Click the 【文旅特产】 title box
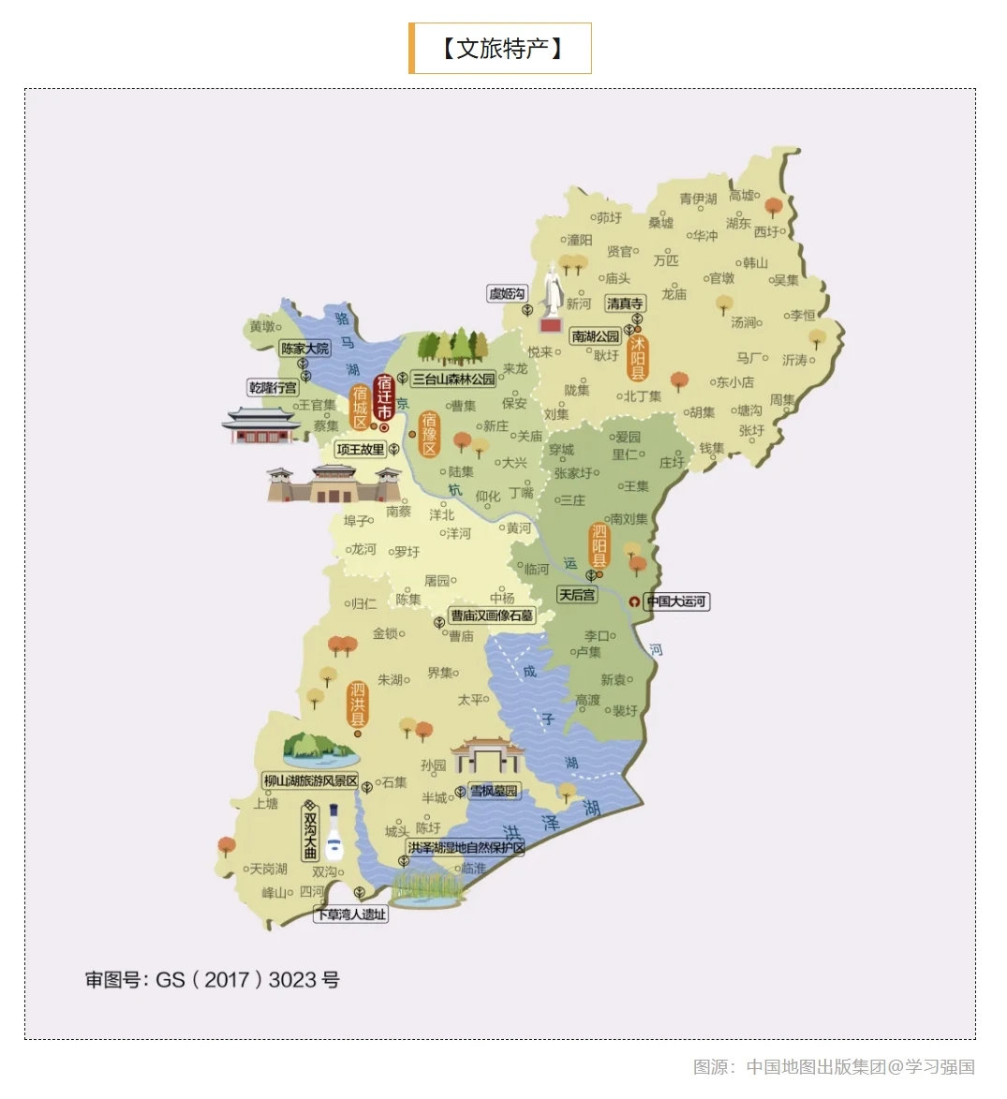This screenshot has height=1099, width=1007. (x=500, y=48)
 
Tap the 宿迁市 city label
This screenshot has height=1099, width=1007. (x=383, y=398)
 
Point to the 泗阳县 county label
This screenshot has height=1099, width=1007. (x=600, y=546)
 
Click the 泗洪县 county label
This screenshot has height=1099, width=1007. (x=358, y=705)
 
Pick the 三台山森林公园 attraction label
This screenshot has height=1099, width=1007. (x=454, y=379)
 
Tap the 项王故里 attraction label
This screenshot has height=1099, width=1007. (x=361, y=450)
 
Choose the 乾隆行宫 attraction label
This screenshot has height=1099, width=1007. (x=273, y=388)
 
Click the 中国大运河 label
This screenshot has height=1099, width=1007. (x=676, y=601)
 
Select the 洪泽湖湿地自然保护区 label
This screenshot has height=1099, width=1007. (x=466, y=848)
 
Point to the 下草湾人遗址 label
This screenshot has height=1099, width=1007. (x=351, y=914)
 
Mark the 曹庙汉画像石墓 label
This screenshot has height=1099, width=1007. (x=492, y=616)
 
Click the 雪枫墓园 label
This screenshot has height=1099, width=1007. (x=494, y=792)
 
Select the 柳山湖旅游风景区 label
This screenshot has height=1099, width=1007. (x=310, y=780)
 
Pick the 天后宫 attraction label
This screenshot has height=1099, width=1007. (x=577, y=595)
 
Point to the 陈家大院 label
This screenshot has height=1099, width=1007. (x=305, y=349)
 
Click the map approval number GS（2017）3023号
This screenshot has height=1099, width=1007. (x=213, y=980)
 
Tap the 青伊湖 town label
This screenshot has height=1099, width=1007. (x=698, y=199)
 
